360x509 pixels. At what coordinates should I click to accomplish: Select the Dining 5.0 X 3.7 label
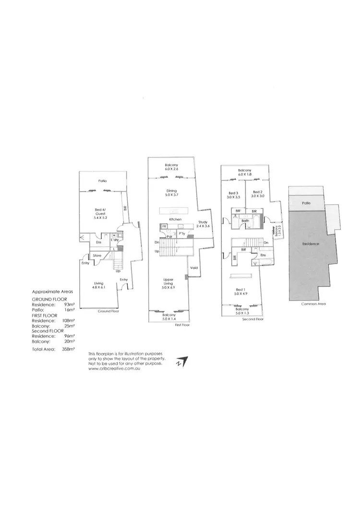click(x=172, y=194)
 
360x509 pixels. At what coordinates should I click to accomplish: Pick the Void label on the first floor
click(x=194, y=268)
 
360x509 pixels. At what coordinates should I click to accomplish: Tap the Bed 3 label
click(x=234, y=194)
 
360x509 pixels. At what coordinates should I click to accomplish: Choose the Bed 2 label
click(x=257, y=194)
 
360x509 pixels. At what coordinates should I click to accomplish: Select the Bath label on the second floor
click(x=245, y=221)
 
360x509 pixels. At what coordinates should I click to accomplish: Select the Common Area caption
click(x=311, y=304)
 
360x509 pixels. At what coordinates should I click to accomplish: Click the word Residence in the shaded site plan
click(x=310, y=244)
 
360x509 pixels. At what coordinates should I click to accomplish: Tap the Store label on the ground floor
click(x=96, y=255)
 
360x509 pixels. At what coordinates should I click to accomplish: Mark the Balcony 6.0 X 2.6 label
click(x=171, y=167)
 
